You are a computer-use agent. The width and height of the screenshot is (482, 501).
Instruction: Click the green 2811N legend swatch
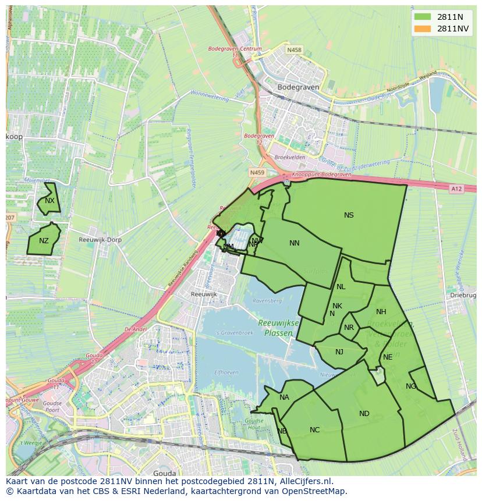423,17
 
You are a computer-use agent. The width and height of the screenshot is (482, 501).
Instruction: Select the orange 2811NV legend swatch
423,29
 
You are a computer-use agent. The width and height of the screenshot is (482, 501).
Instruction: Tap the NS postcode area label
349,215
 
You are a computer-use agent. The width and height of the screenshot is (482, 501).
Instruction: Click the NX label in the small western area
49,201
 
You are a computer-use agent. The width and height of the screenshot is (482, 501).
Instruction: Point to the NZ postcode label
44,241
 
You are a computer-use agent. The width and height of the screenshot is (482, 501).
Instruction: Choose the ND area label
364,414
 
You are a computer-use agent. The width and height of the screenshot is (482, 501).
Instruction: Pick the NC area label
314,430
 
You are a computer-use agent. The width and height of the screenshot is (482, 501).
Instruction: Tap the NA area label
284,397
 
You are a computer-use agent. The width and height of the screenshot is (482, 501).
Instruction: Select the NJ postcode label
339,351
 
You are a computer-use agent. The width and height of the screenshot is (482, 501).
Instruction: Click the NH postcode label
381,312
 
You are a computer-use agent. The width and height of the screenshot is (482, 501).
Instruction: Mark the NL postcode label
341,287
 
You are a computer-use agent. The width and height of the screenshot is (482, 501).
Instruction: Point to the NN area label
295,243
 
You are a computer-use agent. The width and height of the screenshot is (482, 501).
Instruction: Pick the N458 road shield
295,50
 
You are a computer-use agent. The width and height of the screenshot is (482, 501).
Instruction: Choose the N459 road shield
257,173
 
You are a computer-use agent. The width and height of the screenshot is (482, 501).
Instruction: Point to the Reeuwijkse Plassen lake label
279,328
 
